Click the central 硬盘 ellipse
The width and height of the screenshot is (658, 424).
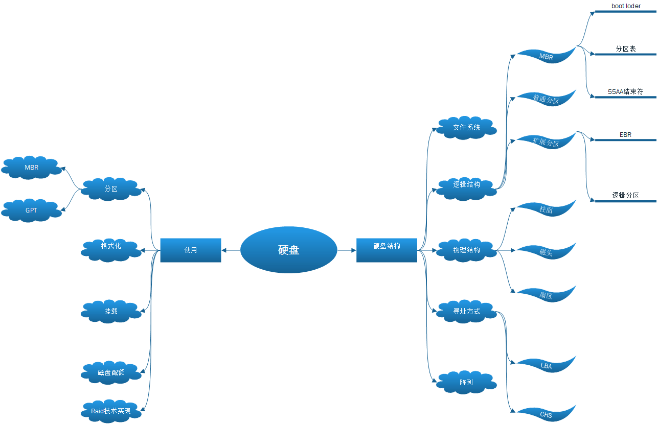288,250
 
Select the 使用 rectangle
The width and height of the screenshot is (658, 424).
191,250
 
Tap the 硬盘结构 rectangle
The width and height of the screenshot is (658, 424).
387,250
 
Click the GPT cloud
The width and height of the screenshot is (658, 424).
32,210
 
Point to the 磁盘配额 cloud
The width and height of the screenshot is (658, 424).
111,372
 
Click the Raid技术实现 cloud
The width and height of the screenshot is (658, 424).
111,411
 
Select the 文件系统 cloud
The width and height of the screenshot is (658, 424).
466,127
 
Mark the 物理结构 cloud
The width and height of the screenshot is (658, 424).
466,250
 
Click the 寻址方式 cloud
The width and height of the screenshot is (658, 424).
466,311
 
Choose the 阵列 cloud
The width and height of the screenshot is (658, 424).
466,382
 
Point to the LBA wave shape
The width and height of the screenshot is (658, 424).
546,365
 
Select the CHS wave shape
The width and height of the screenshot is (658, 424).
546,414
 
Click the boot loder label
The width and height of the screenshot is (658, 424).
626,6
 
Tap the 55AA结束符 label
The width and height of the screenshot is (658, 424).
626,92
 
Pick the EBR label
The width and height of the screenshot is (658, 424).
626,135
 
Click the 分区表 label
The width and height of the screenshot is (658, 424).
626,49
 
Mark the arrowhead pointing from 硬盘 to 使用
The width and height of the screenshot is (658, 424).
224,250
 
